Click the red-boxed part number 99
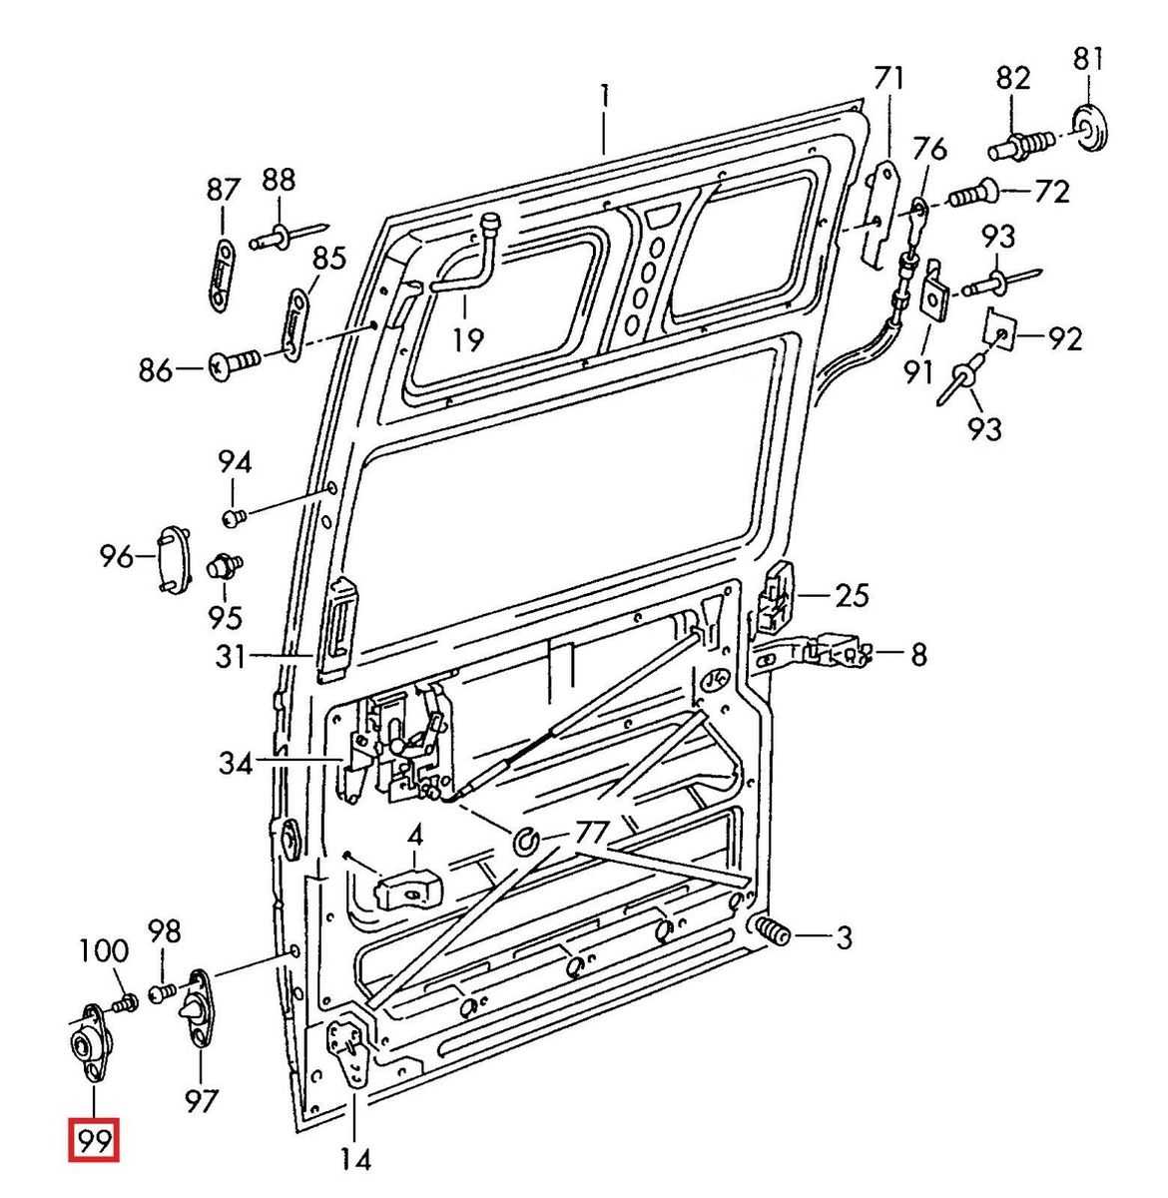coord(93,1140)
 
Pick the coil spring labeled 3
coord(772,932)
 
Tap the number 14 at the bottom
coord(355,1160)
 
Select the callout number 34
coord(236,766)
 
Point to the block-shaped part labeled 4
coord(407,887)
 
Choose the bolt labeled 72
coord(970,192)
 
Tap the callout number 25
coord(852,596)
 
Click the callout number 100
coord(105,949)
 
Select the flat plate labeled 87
coord(222,275)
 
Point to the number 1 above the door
coord(604,98)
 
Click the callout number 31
coord(232,656)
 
